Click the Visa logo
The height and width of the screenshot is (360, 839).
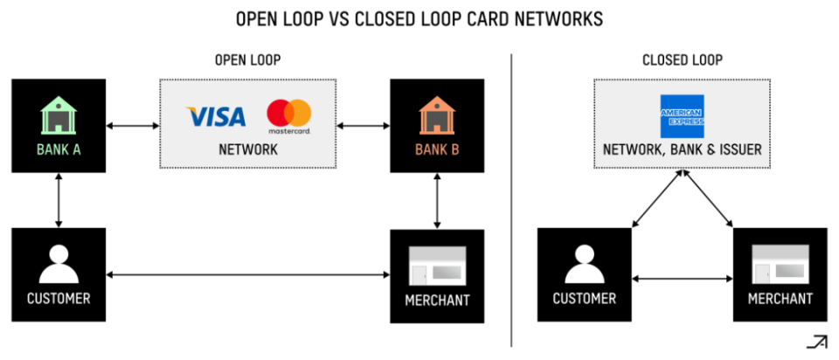click(216, 116)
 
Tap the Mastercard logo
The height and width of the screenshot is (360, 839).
click(289, 116)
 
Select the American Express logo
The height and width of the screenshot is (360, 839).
click(683, 116)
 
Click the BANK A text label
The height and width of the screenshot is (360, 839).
click(59, 149)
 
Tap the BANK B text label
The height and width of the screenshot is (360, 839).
click(437, 149)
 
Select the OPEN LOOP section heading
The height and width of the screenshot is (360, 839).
click(247, 60)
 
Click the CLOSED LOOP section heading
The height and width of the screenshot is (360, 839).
click(683, 60)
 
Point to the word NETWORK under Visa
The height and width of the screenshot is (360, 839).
click(247, 149)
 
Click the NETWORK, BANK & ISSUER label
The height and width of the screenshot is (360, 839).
click(683, 149)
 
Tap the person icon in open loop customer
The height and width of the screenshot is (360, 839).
click(59, 264)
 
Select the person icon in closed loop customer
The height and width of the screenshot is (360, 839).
click(585, 264)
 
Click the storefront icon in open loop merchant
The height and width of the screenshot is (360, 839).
click(437, 266)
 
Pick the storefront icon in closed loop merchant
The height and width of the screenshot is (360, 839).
click(780, 264)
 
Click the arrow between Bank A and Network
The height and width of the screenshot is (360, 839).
click(133, 126)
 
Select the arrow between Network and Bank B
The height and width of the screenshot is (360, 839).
click(364, 126)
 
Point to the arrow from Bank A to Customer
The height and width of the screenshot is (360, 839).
click(59, 200)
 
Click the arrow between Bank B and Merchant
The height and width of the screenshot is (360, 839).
click(437, 201)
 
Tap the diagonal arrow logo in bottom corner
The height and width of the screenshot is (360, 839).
click(816, 342)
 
